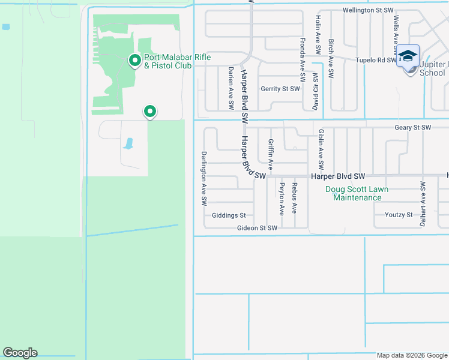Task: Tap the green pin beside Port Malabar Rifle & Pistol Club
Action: point(135,60)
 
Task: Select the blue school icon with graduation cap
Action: point(408,56)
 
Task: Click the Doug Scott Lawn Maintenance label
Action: point(357,193)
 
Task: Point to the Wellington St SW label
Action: point(368,10)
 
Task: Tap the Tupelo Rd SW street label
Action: point(375,60)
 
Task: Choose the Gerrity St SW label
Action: point(280,89)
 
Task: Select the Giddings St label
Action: point(229,215)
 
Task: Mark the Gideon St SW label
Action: point(256,228)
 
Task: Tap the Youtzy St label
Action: point(399,215)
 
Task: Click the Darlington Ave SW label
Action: point(204,176)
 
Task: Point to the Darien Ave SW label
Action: point(231,88)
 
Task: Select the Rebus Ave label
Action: point(294,198)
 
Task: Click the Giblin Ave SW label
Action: point(321,149)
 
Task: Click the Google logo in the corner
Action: point(20,353)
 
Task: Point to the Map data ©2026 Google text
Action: point(411,355)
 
